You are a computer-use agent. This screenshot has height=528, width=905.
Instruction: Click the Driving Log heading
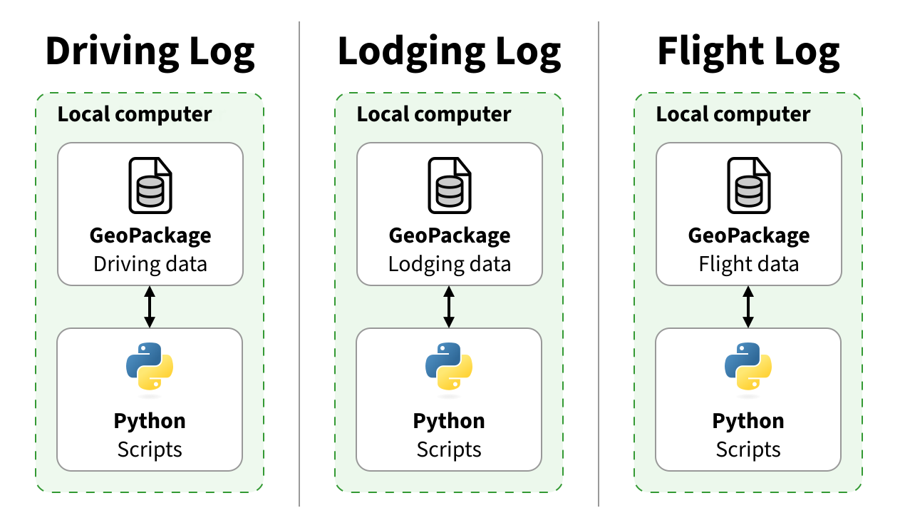150,52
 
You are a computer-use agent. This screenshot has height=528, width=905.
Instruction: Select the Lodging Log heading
449,52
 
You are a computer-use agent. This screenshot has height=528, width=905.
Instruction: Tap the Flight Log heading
748,52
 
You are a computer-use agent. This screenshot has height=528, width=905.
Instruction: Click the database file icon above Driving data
150,186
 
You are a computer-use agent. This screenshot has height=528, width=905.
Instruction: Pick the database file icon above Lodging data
449,186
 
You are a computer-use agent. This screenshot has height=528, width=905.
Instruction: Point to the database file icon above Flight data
748,186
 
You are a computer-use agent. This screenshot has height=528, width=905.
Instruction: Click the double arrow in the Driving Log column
150,307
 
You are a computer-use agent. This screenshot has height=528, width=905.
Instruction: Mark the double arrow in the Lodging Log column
449,307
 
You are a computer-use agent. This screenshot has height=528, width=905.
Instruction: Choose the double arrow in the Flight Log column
748,307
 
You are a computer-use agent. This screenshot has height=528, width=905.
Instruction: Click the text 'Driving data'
150,264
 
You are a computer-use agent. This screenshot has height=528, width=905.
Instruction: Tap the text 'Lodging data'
449,264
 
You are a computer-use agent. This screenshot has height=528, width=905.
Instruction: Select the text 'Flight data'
748,264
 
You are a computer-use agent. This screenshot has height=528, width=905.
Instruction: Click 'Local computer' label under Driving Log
135,114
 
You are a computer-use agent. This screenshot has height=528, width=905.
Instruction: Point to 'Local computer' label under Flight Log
733,114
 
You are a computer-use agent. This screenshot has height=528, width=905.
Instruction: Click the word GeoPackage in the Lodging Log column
449,235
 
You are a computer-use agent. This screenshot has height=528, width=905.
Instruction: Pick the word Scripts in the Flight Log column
748,450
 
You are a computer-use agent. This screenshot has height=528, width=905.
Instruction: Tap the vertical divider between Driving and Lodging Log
299,264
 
